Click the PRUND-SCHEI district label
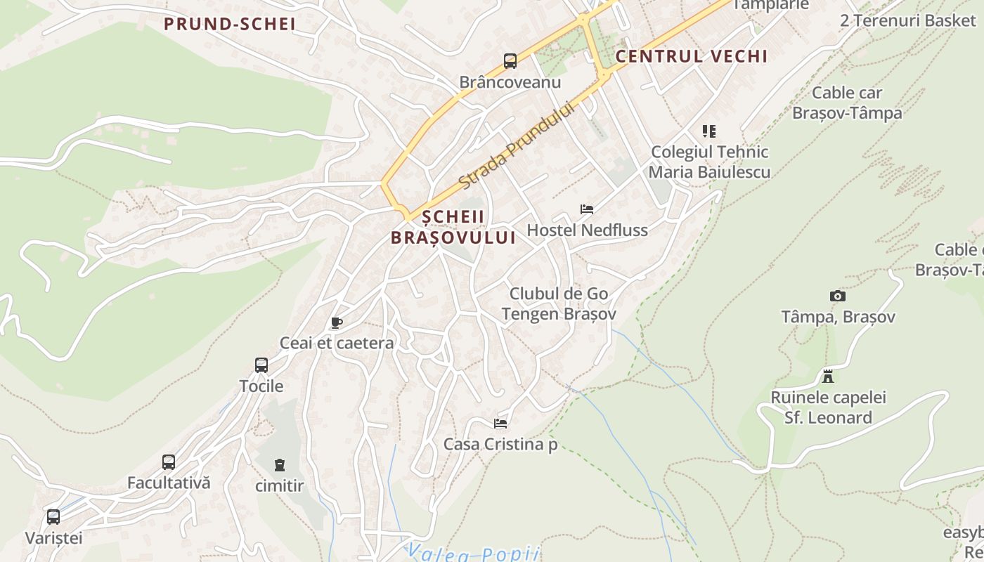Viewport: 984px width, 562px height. coord(230,24)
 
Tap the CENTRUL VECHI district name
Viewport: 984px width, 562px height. coord(691,56)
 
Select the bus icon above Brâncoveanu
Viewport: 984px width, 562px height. coord(510,61)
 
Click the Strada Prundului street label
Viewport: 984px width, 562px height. coord(517,145)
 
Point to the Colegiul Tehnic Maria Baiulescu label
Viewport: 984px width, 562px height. coord(709,162)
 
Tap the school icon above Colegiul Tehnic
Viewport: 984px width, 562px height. coord(708,131)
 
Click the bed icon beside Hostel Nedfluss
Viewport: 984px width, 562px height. coord(587,209)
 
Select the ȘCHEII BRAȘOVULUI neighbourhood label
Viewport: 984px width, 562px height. coord(453,227)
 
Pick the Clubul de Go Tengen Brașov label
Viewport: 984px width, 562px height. coord(559,303)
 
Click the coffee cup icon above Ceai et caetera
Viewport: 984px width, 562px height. coord(337,322)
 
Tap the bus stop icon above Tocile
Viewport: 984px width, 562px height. coord(261,365)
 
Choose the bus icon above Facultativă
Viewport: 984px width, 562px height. coord(169,462)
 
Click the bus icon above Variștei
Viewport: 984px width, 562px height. coord(53,518)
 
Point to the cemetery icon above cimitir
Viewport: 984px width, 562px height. coord(280,464)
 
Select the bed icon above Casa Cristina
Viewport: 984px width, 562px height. coord(500,423)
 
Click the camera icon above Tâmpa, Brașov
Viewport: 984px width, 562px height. coord(838,296)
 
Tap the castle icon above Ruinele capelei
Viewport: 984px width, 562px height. coord(828,377)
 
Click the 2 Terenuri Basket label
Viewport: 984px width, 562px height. coord(908,20)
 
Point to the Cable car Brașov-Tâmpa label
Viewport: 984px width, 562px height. coord(847,103)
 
